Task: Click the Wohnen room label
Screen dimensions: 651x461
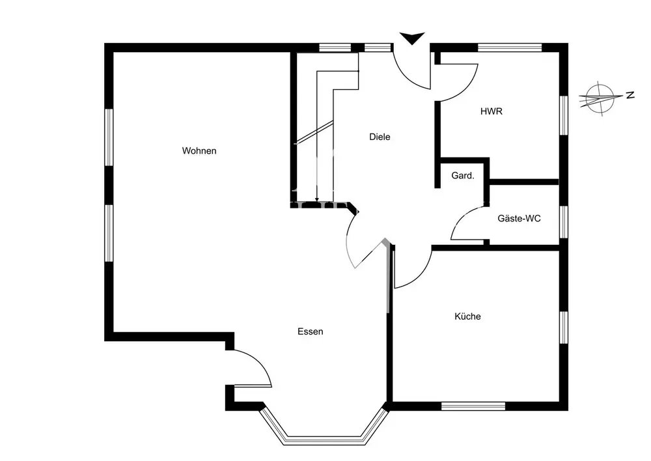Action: pyautogui.click(x=199, y=151)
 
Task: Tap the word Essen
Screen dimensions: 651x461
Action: pyautogui.click(x=310, y=331)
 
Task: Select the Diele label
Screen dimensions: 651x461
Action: pyautogui.click(x=380, y=137)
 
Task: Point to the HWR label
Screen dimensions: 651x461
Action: pyautogui.click(x=492, y=111)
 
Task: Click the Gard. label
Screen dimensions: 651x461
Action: pyautogui.click(x=463, y=176)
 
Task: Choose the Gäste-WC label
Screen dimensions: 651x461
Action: pyautogui.click(x=519, y=219)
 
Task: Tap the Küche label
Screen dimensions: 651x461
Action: pyautogui.click(x=467, y=316)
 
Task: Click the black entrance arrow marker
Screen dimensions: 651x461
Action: pyautogui.click(x=411, y=38)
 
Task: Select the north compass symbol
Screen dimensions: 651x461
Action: pyautogui.click(x=600, y=99)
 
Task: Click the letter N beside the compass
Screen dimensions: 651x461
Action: pyautogui.click(x=630, y=95)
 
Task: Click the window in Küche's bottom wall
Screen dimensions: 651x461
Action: pyautogui.click(x=473, y=406)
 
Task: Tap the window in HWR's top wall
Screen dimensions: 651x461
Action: pyautogui.click(x=510, y=48)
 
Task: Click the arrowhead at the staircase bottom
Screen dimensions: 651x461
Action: pyautogui.click(x=316, y=199)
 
